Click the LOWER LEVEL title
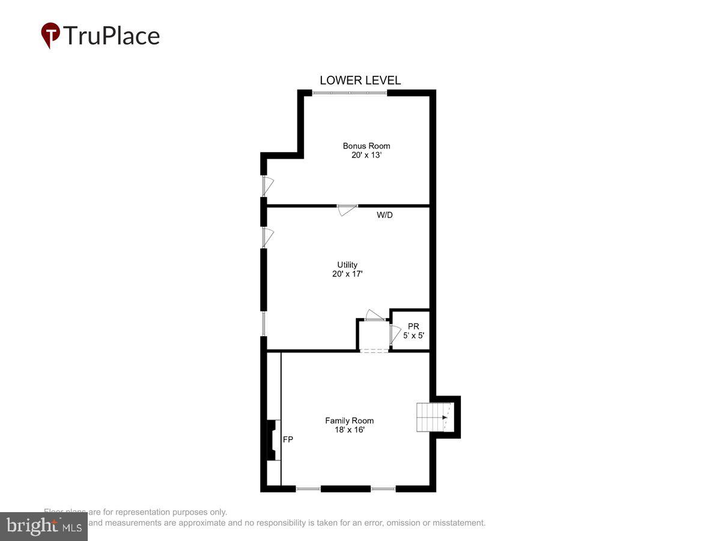tap(360, 81)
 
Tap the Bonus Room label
tap(366, 146)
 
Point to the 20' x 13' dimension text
tap(366, 155)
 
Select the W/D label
tap(385, 215)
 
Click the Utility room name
tap(347, 265)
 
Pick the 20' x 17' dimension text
tap(347, 274)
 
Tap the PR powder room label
tap(413, 326)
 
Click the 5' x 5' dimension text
tap(413, 335)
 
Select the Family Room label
tap(349, 421)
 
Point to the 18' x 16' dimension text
tap(349, 430)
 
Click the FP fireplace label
tap(288, 439)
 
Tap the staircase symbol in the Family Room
tap(433, 417)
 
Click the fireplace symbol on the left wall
tap(272, 440)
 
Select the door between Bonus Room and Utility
tap(347, 209)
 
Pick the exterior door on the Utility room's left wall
tap(267, 236)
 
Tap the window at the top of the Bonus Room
tap(350, 93)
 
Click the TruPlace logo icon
tap(50, 35)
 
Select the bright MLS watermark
tap(43, 527)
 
